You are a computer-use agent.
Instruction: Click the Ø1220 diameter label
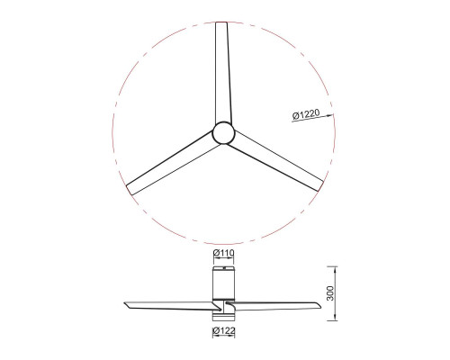(x=305, y=114)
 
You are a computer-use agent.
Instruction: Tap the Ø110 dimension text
(x=223, y=253)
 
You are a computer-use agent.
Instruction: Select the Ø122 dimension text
(x=223, y=331)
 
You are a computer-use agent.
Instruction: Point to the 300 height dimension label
(x=330, y=293)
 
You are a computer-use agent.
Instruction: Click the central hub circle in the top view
(x=223, y=133)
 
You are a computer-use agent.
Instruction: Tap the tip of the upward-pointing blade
(x=221, y=22)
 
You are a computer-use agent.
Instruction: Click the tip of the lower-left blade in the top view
(x=129, y=190)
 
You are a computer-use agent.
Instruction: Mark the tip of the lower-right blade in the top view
(x=320, y=186)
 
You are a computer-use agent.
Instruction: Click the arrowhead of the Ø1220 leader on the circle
(x=331, y=115)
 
